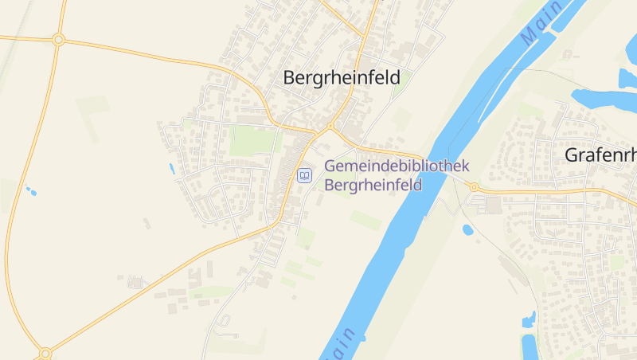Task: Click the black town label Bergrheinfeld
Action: tap(342, 77)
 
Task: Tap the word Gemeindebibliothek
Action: tap(397, 166)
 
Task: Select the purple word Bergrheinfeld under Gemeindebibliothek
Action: tap(373, 184)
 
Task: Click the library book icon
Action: tap(303, 175)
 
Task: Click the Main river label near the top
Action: tap(541, 24)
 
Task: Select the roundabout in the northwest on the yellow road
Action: tap(58, 38)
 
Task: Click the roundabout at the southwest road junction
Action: tap(45, 352)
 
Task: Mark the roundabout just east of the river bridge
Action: tap(474, 187)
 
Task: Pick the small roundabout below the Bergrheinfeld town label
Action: tap(330, 127)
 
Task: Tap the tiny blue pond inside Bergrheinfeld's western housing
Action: tap(171, 168)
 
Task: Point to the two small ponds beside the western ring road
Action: tap(30, 191)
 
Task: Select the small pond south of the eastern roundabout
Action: tap(467, 229)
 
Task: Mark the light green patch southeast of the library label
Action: tap(366, 219)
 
